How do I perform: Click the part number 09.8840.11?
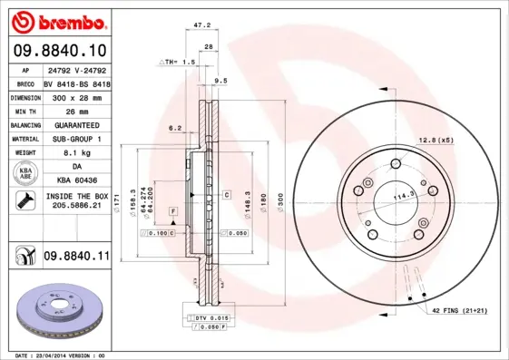tap(76, 257)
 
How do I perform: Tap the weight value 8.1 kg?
tap(76, 153)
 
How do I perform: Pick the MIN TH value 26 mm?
tap(76, 110)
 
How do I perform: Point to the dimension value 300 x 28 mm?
tap(76, 95)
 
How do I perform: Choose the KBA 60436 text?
tap(76, 182)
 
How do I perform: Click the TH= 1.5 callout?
tap(179, 62)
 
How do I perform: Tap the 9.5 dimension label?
tap(220, 81)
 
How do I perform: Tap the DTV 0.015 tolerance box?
tap(210, 319)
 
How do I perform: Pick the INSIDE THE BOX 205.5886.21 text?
tap(76, 201)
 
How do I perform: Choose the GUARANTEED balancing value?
tap(76, 124)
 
